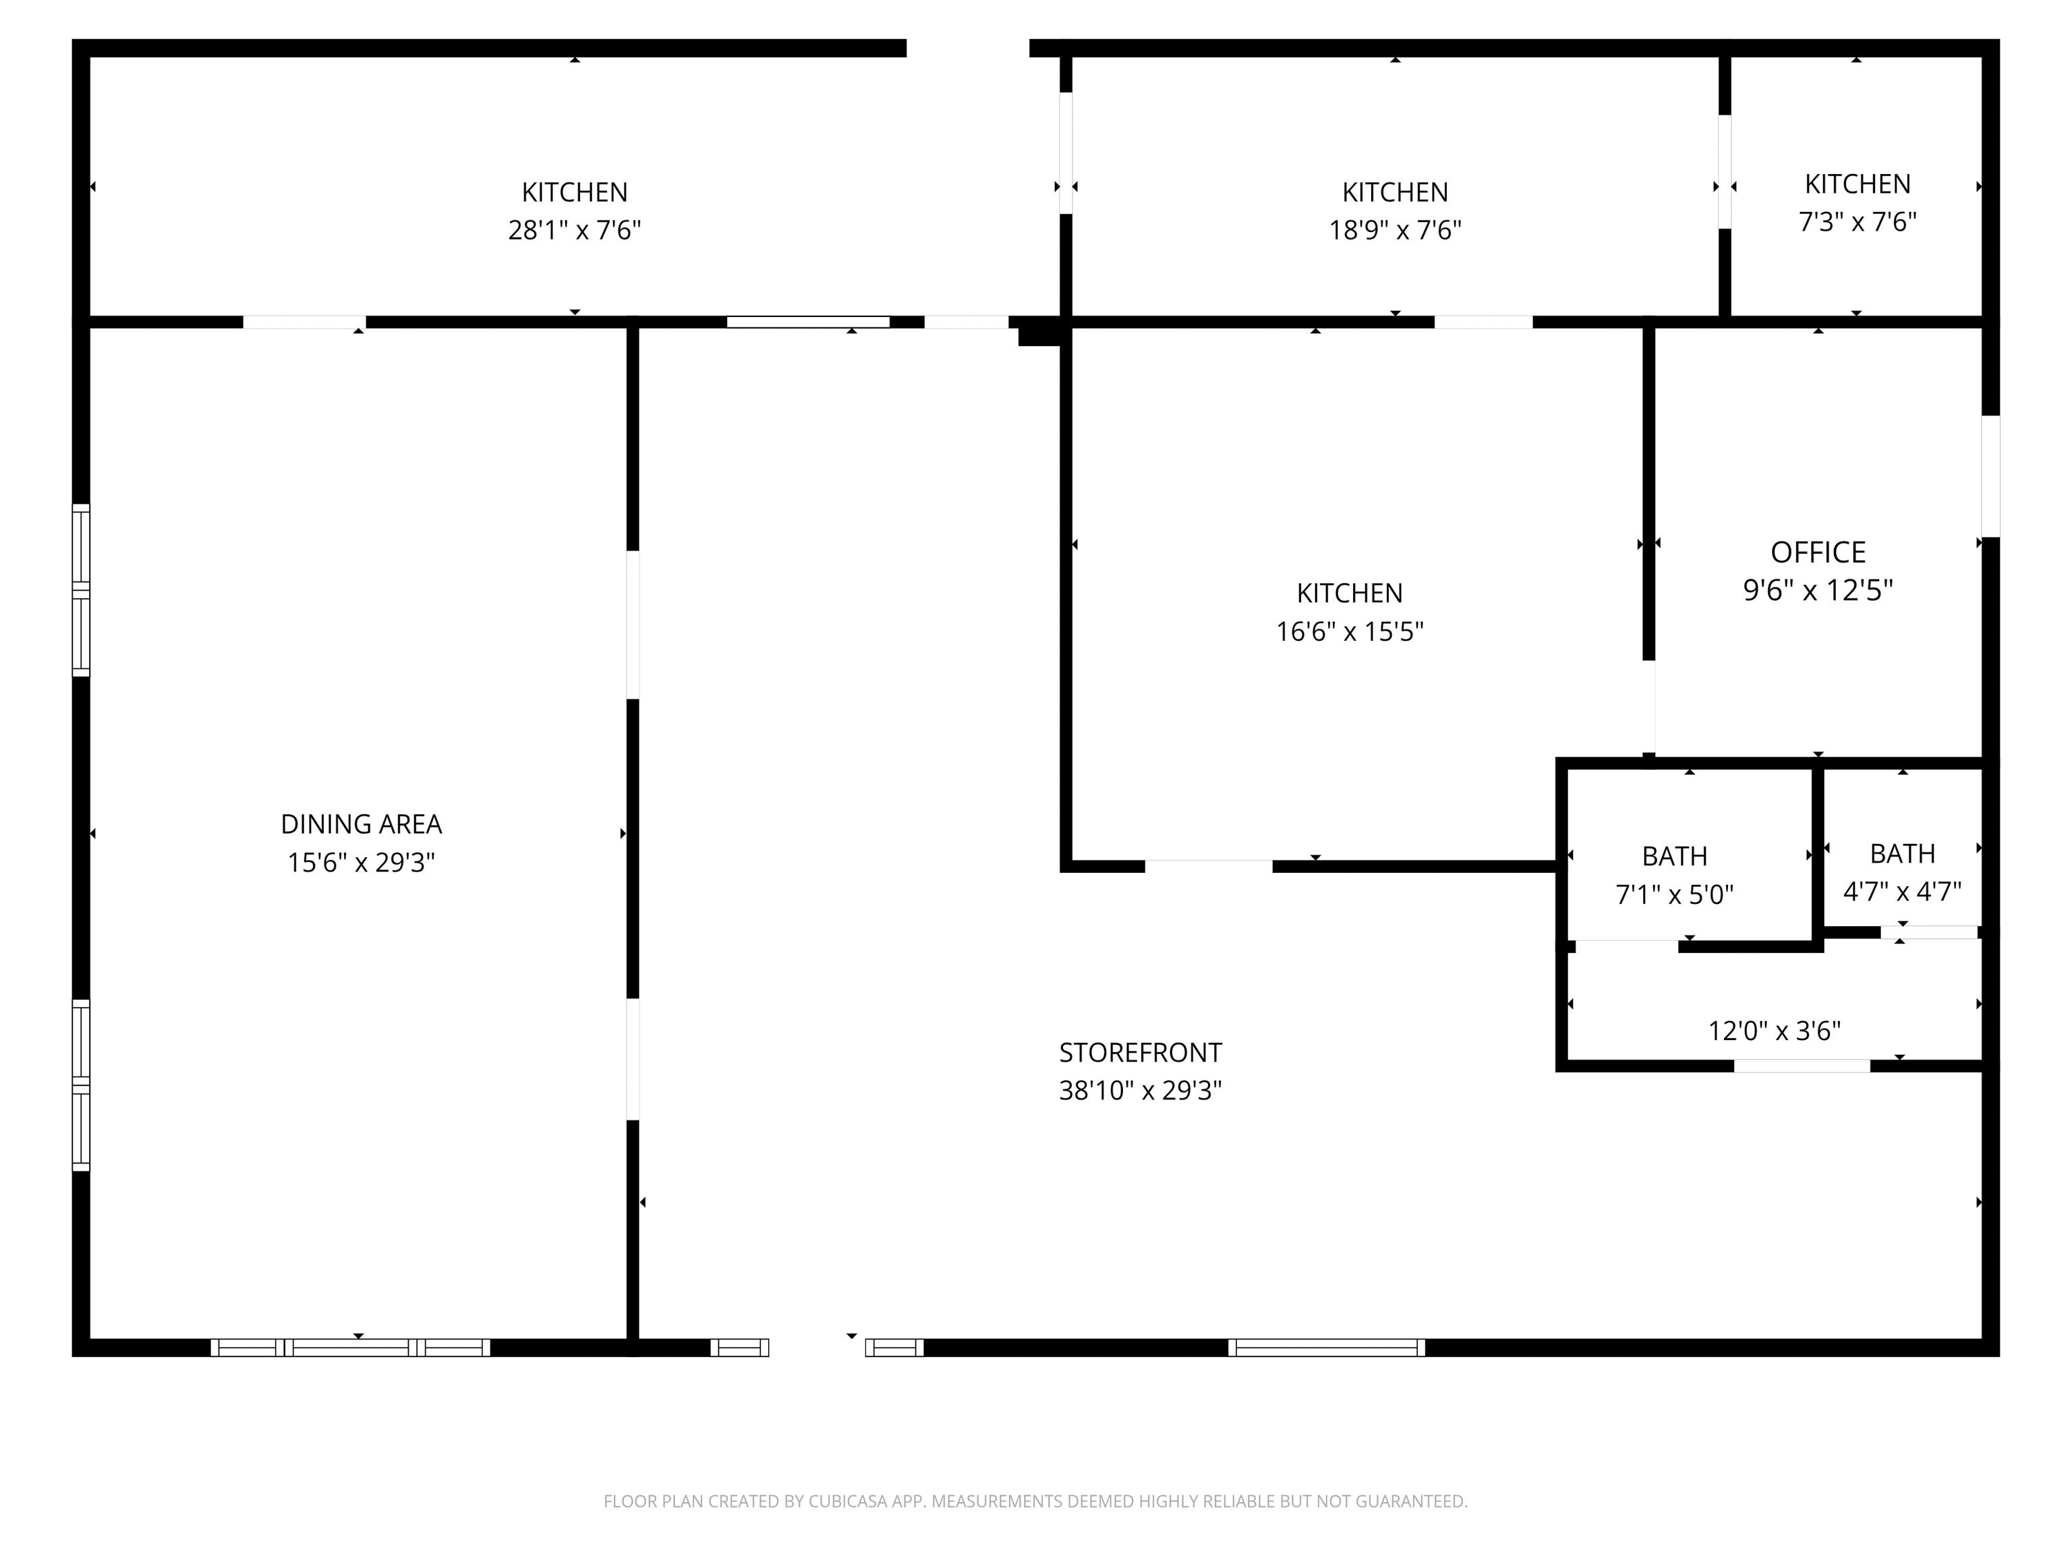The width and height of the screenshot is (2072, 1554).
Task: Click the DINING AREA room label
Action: pos(362,824)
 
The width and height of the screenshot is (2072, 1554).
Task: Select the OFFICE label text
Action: pos(1818,552)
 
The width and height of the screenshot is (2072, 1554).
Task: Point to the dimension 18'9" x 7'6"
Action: pos(1395,229)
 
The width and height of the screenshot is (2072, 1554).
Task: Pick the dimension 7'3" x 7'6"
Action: pos(1858,222)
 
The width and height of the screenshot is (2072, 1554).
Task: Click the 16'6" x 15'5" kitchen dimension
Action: pos(1350,631)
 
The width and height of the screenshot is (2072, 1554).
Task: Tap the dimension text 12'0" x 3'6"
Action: pos(1774,1031)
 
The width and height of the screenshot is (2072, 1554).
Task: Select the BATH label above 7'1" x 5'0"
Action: pos(1675,856)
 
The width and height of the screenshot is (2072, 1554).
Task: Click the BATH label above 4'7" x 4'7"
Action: pos(1903,853)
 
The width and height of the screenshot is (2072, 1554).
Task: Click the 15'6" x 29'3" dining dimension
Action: pos(362,862)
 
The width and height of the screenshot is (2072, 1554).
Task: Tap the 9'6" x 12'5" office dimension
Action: pos(1818,590)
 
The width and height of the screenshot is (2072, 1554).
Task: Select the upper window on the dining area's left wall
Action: pos(82,590)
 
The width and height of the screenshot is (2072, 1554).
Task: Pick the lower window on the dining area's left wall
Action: pos(82,1085)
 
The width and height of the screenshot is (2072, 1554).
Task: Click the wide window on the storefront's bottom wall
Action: pos(1327,1347)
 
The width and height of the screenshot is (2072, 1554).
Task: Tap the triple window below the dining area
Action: pos(350,1347)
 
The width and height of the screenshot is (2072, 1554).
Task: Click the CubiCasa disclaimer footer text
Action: pos(1035,1501)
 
